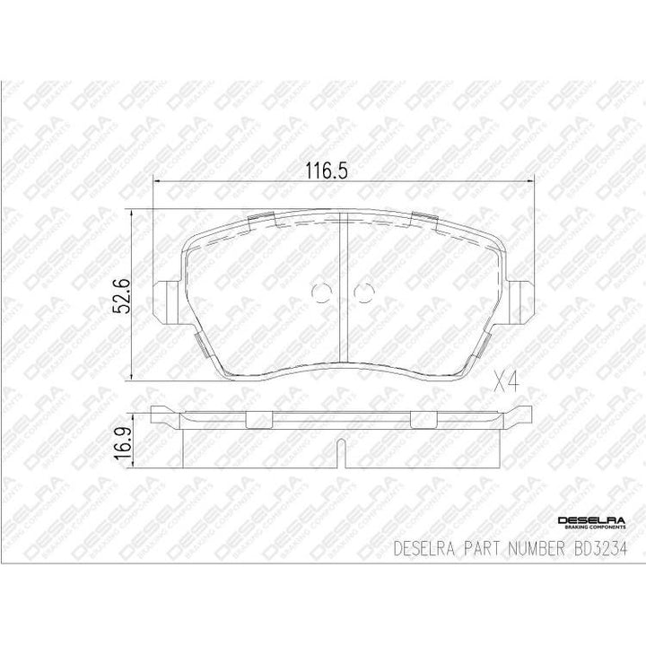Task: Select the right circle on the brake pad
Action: (x=362, y=292)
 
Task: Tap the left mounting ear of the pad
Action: (x=166, y=297)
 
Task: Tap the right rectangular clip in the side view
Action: (x=423, y=419)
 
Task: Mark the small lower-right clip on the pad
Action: (x=485, y=342)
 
